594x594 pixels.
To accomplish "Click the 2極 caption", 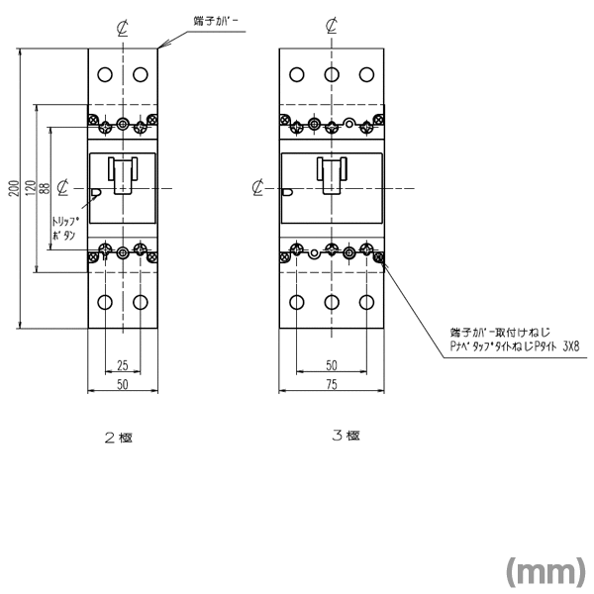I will [119, 438].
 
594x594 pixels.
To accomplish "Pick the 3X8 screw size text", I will [571, 346].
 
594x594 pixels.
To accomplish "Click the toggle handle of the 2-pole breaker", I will [122, 172].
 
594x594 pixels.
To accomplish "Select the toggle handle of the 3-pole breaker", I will [332, 172].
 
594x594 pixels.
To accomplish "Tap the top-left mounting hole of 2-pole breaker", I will [105, 74].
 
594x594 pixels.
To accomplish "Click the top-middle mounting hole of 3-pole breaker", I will [332, 74].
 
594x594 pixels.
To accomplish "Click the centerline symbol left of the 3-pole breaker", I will [257, 186].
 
